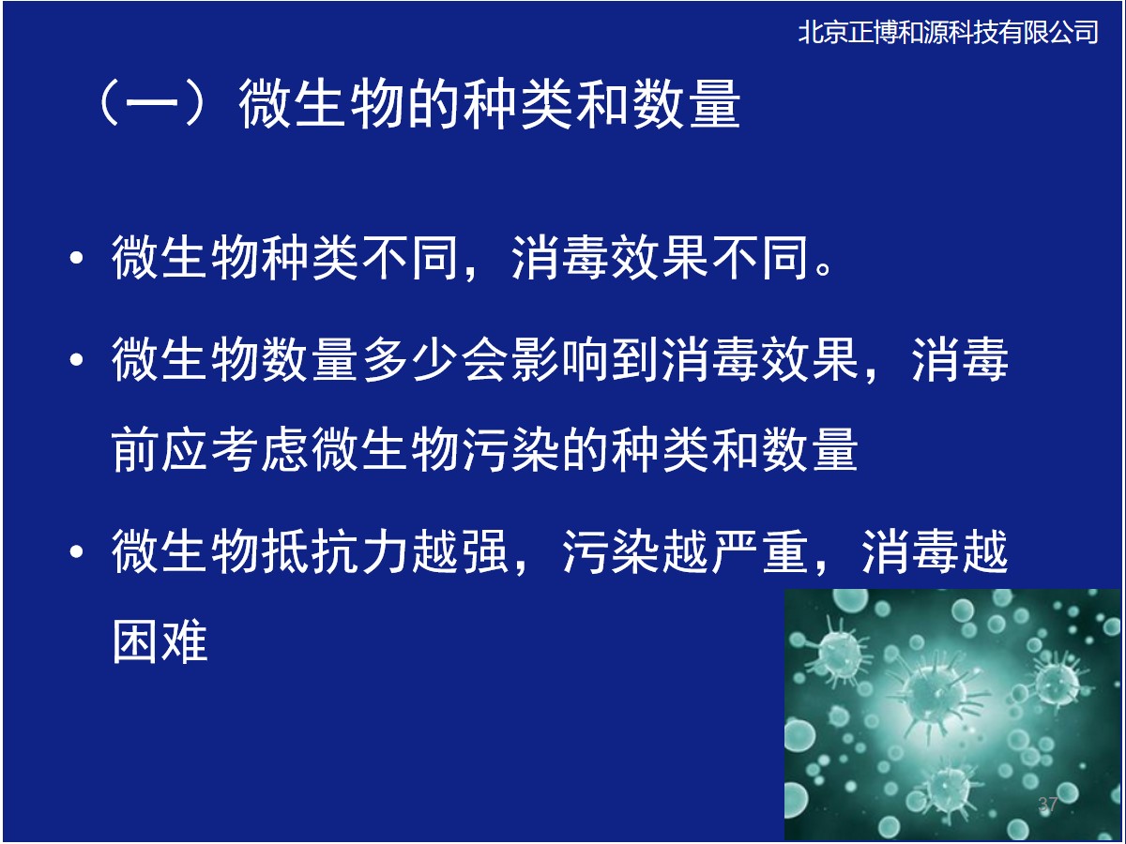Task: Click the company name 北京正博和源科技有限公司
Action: [948, 32]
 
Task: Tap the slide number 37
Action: [1048, 804]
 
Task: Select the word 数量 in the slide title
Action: [686, 103]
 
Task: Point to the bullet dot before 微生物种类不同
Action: [76, 257]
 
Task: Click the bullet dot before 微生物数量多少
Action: [76, 359]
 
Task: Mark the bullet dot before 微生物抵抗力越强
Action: [76, 552]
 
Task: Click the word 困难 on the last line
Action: [160, 641]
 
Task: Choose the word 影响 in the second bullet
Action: [560, 359]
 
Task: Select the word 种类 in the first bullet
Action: [310, 257]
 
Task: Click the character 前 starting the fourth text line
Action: [135, 450]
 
